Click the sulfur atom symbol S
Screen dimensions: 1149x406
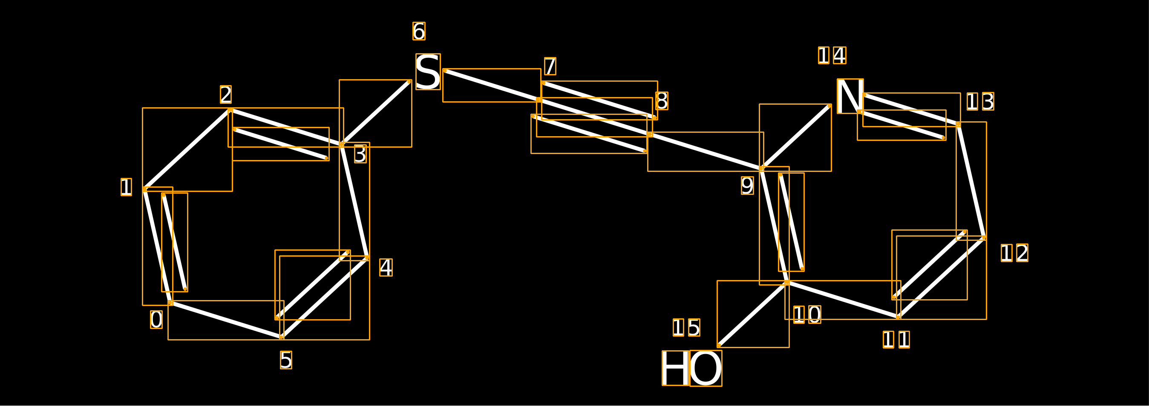(428, 72)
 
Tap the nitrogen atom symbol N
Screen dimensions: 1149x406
(850, 96)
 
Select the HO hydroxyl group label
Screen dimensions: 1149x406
(692, 368)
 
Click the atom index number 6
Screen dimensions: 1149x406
(419, 31)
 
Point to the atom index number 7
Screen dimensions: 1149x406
(550, 66)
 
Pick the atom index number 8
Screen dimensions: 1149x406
(662, 101)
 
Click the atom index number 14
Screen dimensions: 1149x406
(832, 55)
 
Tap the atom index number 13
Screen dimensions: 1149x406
(980, 102)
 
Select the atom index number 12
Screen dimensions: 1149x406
(1015, 253)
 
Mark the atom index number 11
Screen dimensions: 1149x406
(896, 340)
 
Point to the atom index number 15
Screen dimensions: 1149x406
(687, 328)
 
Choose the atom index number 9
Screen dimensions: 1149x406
(748, 186)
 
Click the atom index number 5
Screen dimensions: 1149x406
(286, 360)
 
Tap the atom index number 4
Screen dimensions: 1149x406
(386, 267)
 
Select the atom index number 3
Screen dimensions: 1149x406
(360, 154)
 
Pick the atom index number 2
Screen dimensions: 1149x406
(226, 94)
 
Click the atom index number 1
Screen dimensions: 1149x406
(126, 187)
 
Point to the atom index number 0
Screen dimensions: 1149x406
(156, 320)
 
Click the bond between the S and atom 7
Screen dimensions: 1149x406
(492, 85)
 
